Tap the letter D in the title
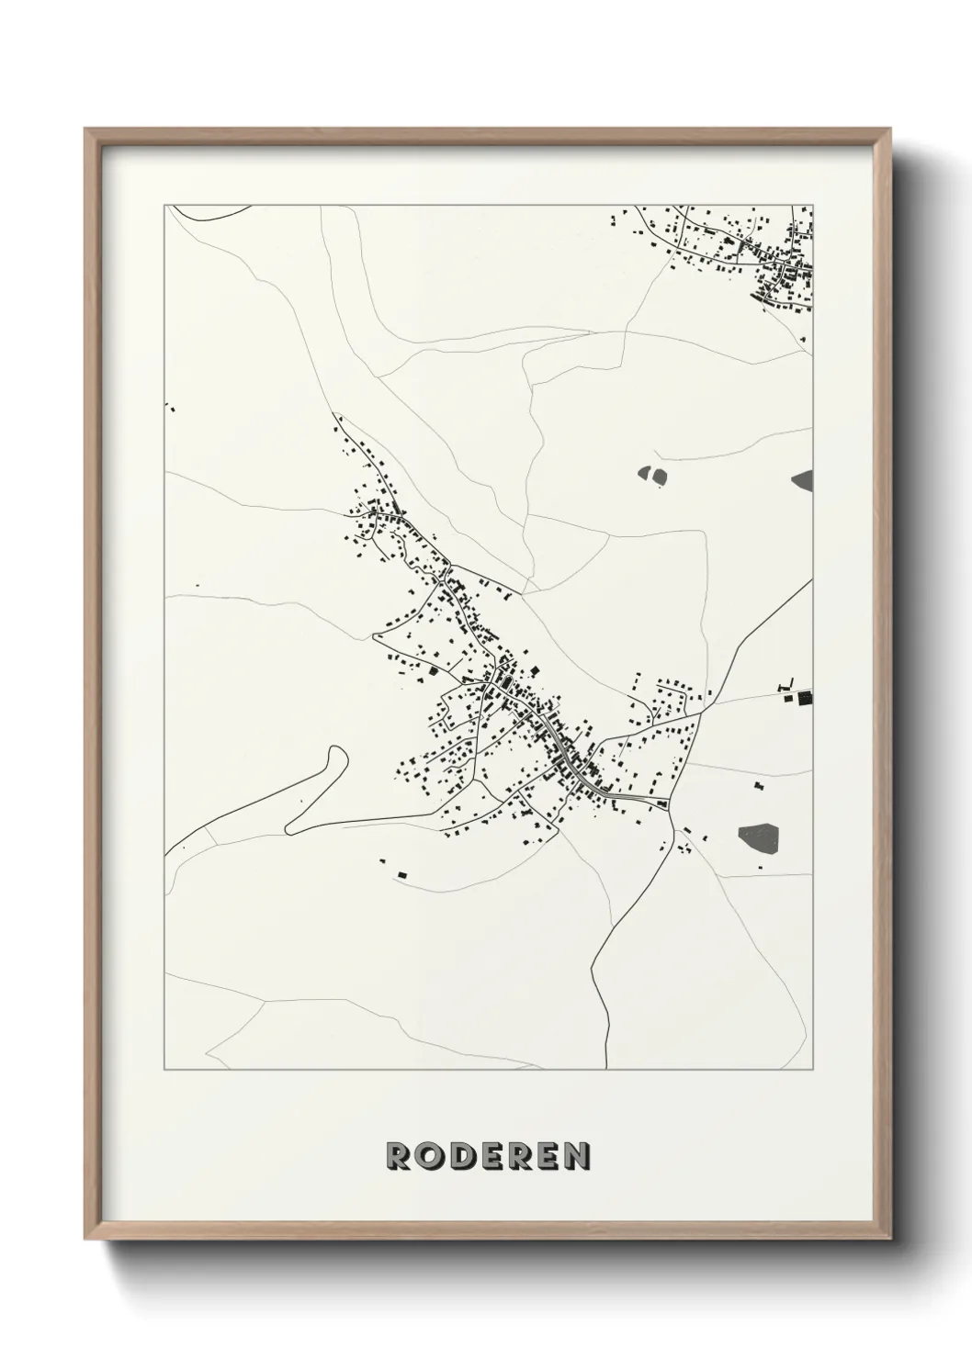[465, 1156]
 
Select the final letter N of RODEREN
[575, 1156]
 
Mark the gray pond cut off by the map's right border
[804, 478]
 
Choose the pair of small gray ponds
[652, 476]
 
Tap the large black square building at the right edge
[805, 698]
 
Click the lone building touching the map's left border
[167, 405]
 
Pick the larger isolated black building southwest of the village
[401, 875]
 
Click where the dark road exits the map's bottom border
[607, 1068]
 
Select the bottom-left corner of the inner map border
[164, 1070]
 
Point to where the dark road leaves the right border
[812, 580]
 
